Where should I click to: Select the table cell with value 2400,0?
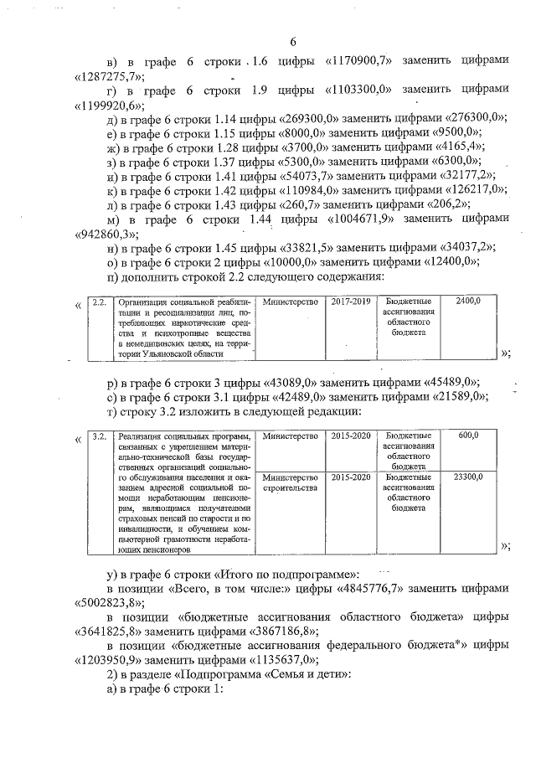point(477,301)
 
